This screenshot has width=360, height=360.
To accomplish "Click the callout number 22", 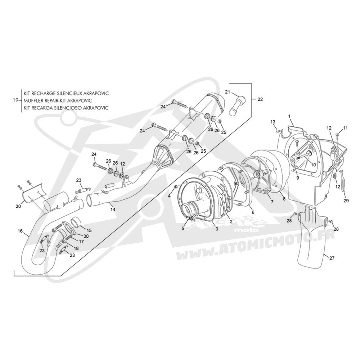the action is tap(260, 99).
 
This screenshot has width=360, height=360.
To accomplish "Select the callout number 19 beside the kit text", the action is tap(16, 100).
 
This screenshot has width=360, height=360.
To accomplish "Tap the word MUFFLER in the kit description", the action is tap(33, 100).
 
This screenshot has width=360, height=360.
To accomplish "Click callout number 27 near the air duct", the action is tap(332, 258).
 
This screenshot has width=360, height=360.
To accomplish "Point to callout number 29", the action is tap(346, 201).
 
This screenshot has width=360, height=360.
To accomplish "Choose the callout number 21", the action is tap(227, 92).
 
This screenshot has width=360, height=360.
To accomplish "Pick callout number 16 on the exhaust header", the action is tap(20, 231).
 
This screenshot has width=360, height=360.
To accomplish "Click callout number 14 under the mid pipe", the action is tap(112, 209).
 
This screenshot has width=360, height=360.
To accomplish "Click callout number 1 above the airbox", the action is tap(289, 116).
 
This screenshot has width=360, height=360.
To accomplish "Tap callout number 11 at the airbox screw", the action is tap(346, 128).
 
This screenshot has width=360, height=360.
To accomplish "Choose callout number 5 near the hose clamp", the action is tap(183, 229).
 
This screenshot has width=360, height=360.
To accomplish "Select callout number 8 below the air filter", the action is tap(284, 199).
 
